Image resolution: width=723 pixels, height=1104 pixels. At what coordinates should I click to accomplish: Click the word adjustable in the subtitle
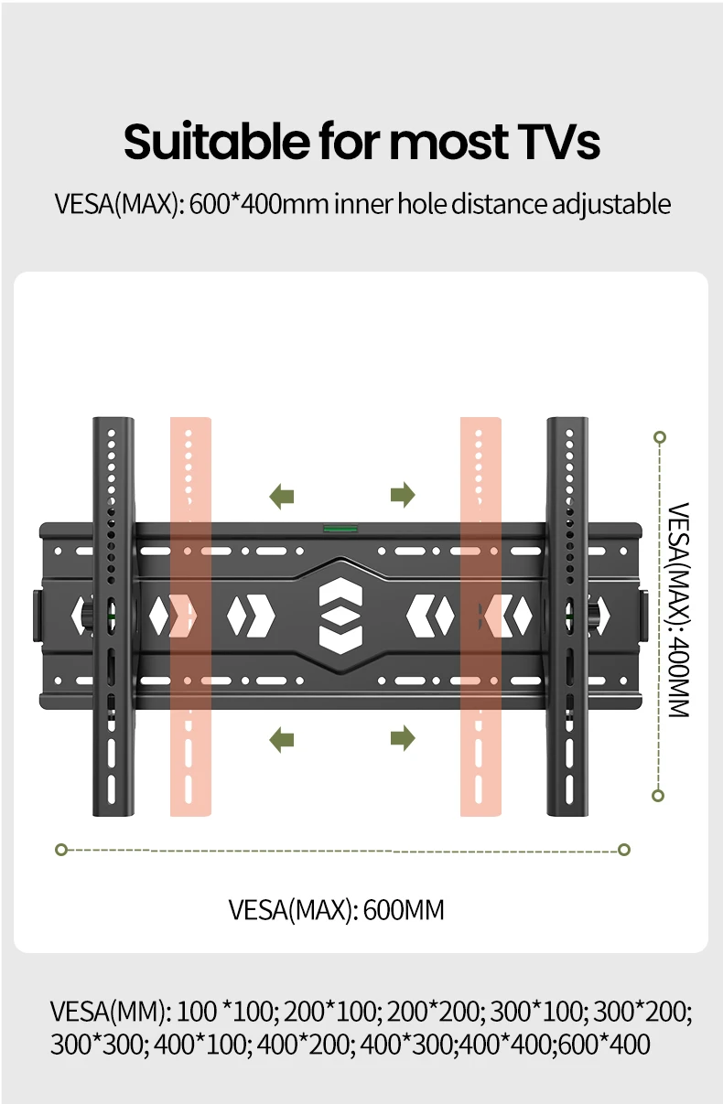click(610, 203)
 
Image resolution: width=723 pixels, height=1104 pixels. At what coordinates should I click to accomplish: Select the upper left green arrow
click(282, 497)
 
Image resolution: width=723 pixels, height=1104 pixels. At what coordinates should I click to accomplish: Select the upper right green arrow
click(403, 497)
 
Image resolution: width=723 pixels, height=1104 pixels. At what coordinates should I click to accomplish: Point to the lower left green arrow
click(282, 737)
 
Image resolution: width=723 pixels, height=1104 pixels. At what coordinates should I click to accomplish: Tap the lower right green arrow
click(403, 737)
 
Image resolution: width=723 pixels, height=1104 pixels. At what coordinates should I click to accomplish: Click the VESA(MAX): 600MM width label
click(336, 911)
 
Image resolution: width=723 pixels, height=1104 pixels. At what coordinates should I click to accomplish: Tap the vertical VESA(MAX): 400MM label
click(676, 610)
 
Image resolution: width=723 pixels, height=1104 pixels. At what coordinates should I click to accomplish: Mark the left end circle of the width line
click(61, 850)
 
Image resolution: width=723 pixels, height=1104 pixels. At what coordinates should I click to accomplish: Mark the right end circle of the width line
click(624, 850)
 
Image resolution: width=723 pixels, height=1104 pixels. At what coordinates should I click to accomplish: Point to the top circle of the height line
click(659, 437)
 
